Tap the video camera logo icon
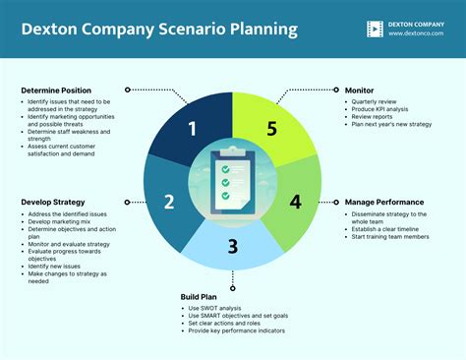[x=375, y=29]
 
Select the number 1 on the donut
[x=192, y=129]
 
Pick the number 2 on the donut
[x=169, y=202]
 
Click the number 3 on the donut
[x=233, y=247]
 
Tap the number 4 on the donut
[x=295, y=202]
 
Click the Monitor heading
[x=359, y=90]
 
